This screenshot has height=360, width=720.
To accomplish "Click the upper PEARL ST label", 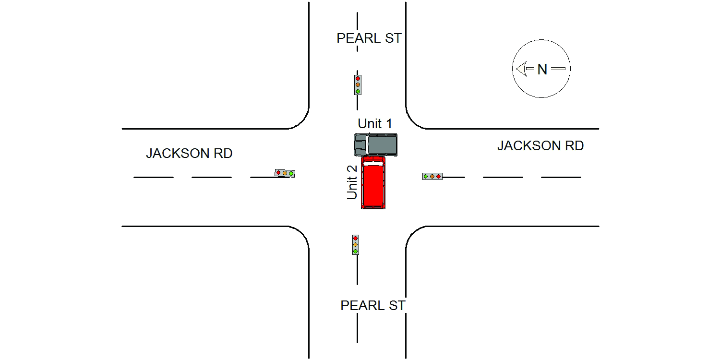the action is [x=369, y=38].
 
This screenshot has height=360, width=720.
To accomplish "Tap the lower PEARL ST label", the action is [x=373, y=305].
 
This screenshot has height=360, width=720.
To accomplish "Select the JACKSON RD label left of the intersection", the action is [x=189, y=153].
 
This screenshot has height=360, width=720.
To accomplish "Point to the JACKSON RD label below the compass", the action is [x=540, y=145].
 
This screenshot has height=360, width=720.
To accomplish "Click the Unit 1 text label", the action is [x=375, y=123].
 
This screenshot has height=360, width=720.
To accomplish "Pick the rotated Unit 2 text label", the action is [x=352, y=182].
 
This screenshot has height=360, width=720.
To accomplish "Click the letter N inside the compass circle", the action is [x=542, y=69].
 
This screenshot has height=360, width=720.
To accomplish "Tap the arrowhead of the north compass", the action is [x=521, y=69].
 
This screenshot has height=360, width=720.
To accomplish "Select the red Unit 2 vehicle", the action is [x=373, y=182].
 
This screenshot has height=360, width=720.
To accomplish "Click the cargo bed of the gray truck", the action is [x=382, y=144].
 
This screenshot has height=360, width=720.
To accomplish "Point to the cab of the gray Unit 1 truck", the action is [x=360, y=145].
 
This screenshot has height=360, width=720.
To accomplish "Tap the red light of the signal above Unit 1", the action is [x=358, y=78].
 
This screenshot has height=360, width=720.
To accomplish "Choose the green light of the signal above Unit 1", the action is [x=358, y=92].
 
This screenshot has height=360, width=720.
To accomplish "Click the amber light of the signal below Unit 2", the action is [x=356, y=245].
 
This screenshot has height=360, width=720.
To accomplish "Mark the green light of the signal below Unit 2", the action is [x=356, y=251].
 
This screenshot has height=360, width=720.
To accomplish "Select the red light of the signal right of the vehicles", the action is [x=438, y=177].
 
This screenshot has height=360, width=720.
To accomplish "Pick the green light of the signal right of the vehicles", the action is [x=426, y=177].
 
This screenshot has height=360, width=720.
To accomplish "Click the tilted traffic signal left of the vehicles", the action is [x=285, y=173].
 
